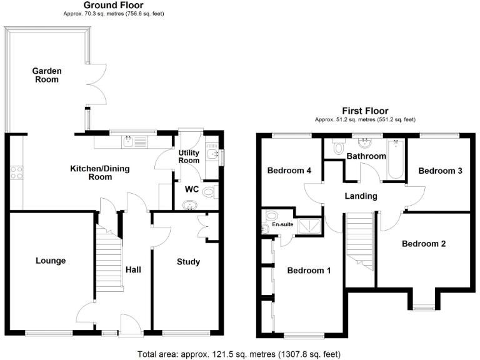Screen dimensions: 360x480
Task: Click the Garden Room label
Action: [46, 76]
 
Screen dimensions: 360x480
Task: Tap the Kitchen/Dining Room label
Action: [91, 172]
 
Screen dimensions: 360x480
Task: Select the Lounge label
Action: [50, 261]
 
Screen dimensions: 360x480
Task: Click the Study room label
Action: [187, 262]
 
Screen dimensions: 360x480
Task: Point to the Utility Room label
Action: [189, 157]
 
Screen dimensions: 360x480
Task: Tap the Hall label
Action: [133, 270]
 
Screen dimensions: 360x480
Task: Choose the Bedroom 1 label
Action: [309, 271]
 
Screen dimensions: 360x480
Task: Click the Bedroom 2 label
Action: [424, 244]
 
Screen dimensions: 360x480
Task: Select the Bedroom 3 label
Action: [440, 171]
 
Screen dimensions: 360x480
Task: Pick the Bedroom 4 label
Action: [289, 171]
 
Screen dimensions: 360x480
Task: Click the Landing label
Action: [361, 196]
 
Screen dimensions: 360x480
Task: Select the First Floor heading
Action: [365, 111]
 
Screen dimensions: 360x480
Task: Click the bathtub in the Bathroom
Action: [396, 159]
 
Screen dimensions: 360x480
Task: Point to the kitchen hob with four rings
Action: [16, 172]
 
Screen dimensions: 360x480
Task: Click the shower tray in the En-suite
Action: [309, 226]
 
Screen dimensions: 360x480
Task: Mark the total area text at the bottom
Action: [239, 354]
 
